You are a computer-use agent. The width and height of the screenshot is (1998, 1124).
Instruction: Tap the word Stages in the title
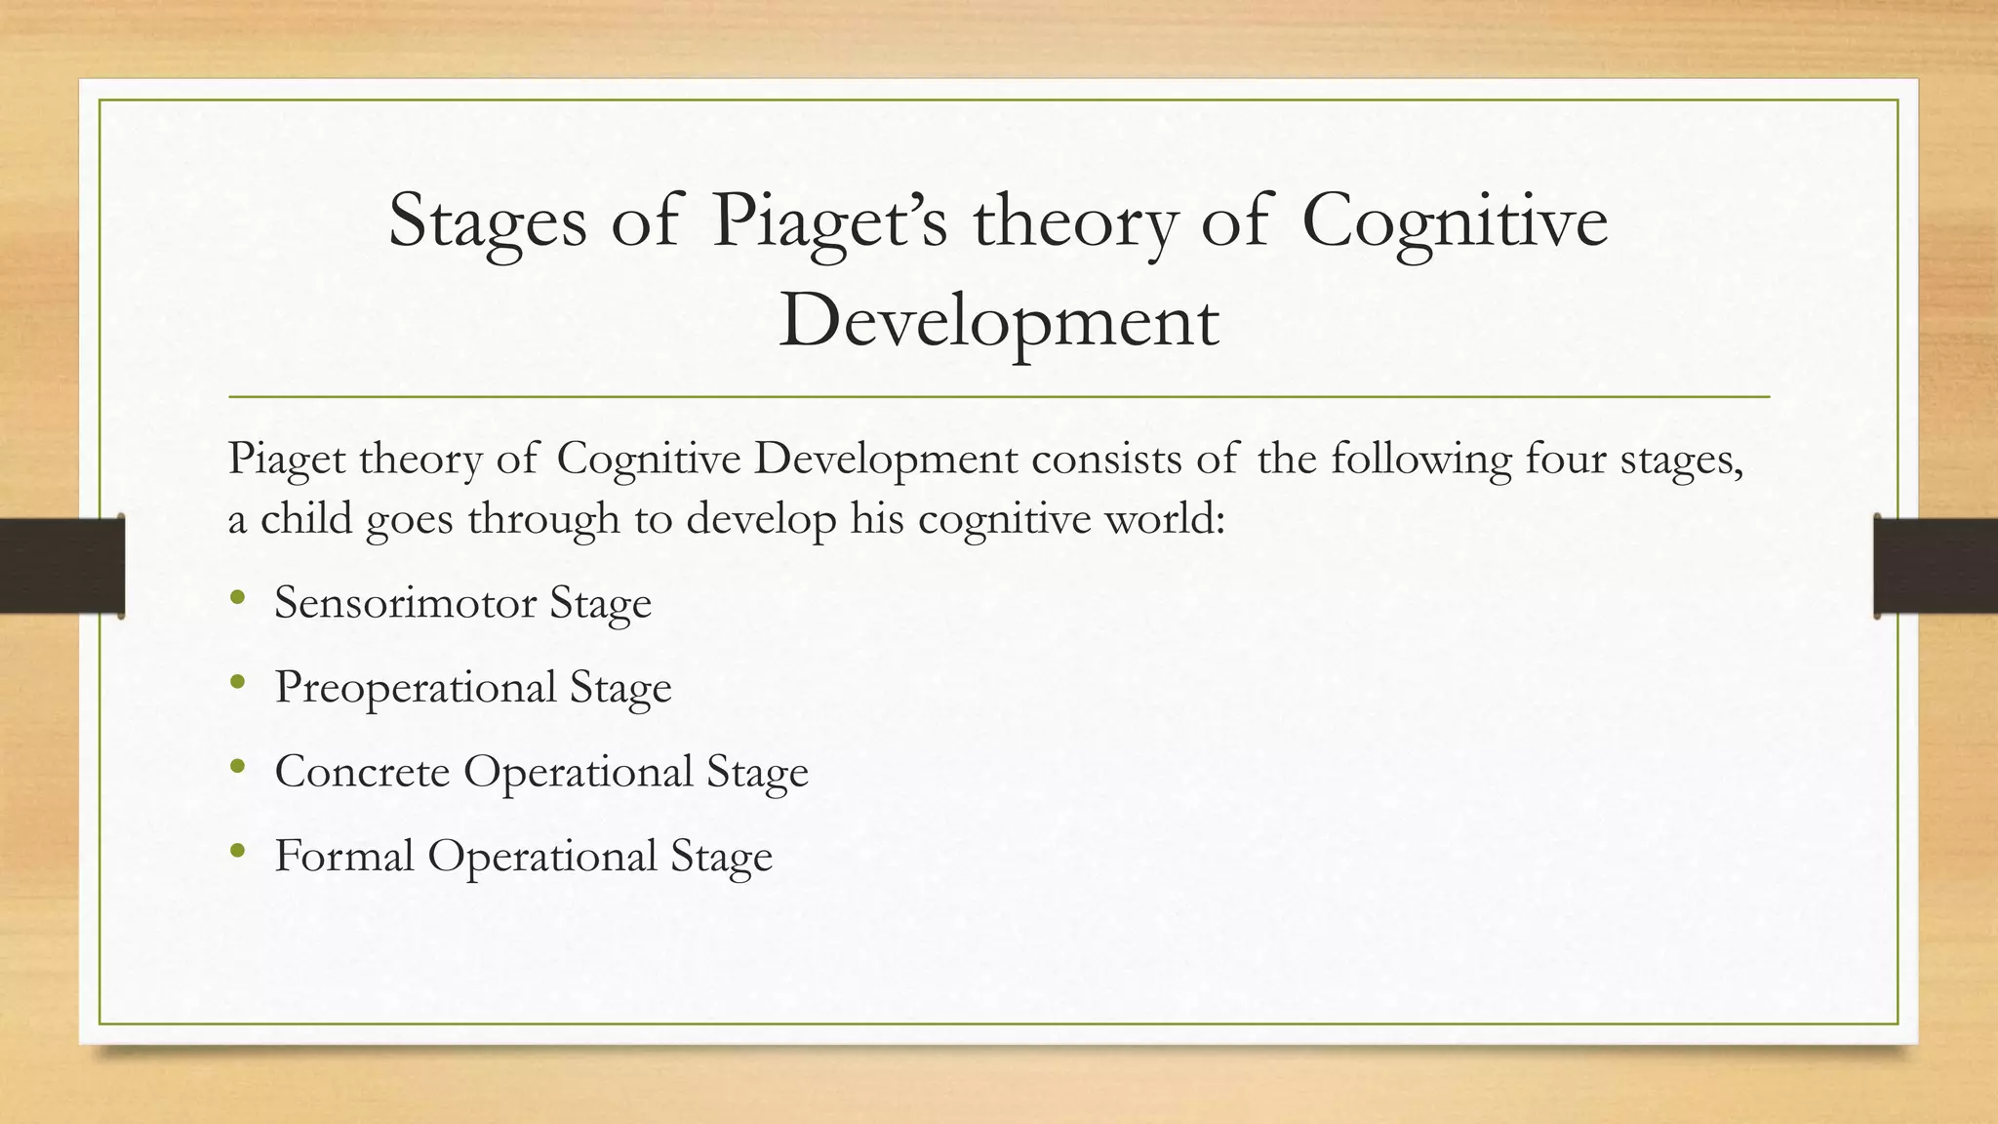click(x=487, y=221)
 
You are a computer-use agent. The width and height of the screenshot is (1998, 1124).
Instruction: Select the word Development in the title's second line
click(x=998, y=322)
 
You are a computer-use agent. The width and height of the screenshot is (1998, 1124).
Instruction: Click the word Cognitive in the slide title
click(x=1454, y=221)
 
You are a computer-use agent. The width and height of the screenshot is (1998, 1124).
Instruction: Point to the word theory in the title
click(x=1074, y=221)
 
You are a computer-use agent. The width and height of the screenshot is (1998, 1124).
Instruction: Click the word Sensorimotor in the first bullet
click(x=405, y=602)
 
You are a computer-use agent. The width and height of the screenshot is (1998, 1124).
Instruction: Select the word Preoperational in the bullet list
click(x=416, y=687)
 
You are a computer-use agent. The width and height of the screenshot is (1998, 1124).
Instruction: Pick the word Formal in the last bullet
click(x=344, y=856)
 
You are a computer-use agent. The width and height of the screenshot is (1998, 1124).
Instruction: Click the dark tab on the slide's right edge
click(x=1936, y=566)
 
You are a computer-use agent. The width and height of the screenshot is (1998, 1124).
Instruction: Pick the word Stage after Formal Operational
click(x=721, y=856)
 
